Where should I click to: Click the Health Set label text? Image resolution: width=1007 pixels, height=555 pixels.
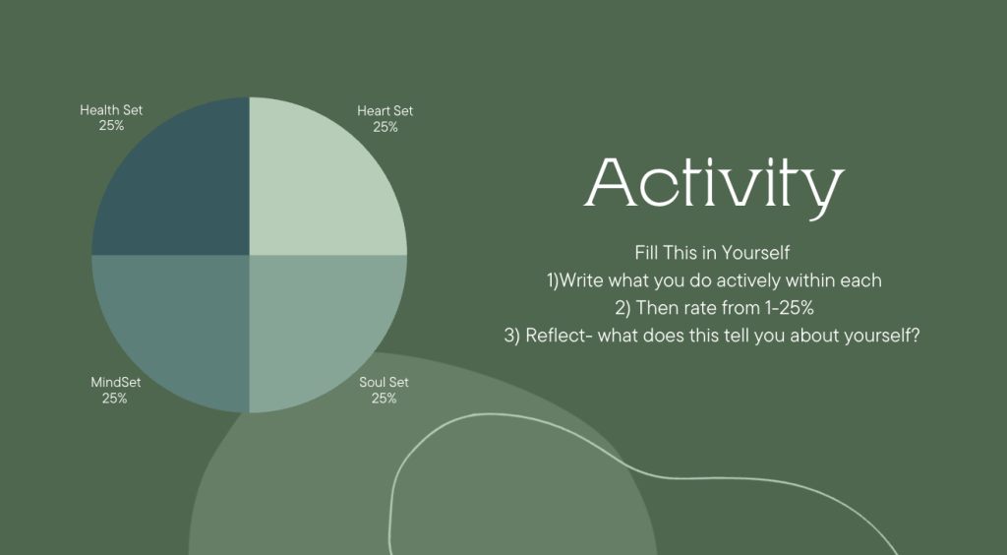pyautogui.click(x=111, y=110)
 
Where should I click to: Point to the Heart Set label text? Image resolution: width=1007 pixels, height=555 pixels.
pyautogui.click(x=385, y=110)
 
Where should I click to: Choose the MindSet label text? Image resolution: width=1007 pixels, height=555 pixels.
pyautogui.click(x=116, y=382)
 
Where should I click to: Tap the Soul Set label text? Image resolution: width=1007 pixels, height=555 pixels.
pyautogui.click(x=385, y=382)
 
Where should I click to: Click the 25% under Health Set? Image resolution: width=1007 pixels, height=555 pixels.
pyautogui.click(x=112, y=126)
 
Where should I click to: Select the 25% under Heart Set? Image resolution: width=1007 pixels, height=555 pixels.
pyautogui.click(x=385, y=127)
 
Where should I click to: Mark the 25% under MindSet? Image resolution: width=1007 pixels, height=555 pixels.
pyautogui.click(x=114, y=399)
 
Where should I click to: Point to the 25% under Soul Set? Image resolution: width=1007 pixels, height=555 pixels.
pyautogui.click(x=385, y=399)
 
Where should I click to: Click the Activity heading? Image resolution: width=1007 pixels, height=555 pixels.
pyautogui.click(x=714, y=185)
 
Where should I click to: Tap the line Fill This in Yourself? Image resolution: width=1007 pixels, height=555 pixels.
pyautogui.click(x=712, y=253)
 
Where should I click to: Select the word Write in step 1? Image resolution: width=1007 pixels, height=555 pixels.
pyautogui.click(x=581, y=280)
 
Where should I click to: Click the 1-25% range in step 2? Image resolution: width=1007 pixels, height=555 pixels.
pyautogui.click(x=790, y=308)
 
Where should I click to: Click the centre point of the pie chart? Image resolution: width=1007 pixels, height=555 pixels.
pyautogui.click(x=249, y=255)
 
